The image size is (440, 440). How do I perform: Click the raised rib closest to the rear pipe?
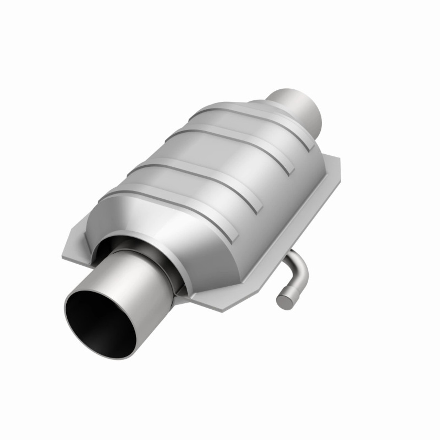261,117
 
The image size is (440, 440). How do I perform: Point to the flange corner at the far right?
339,162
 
